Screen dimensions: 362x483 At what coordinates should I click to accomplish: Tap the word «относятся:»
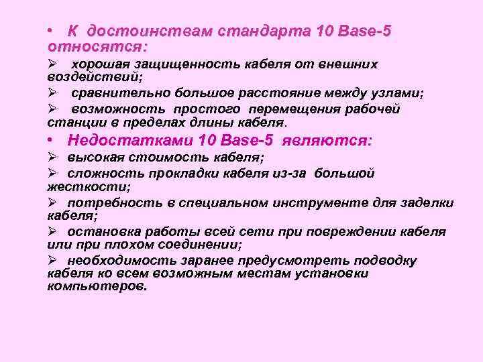97,47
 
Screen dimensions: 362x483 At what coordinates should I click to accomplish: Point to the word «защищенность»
196,64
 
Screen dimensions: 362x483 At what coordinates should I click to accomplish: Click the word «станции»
70,123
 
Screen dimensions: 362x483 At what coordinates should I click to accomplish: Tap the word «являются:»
327,141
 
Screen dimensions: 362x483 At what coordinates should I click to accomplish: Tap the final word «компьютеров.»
97,286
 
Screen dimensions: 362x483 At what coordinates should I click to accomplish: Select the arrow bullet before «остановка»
53,232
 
